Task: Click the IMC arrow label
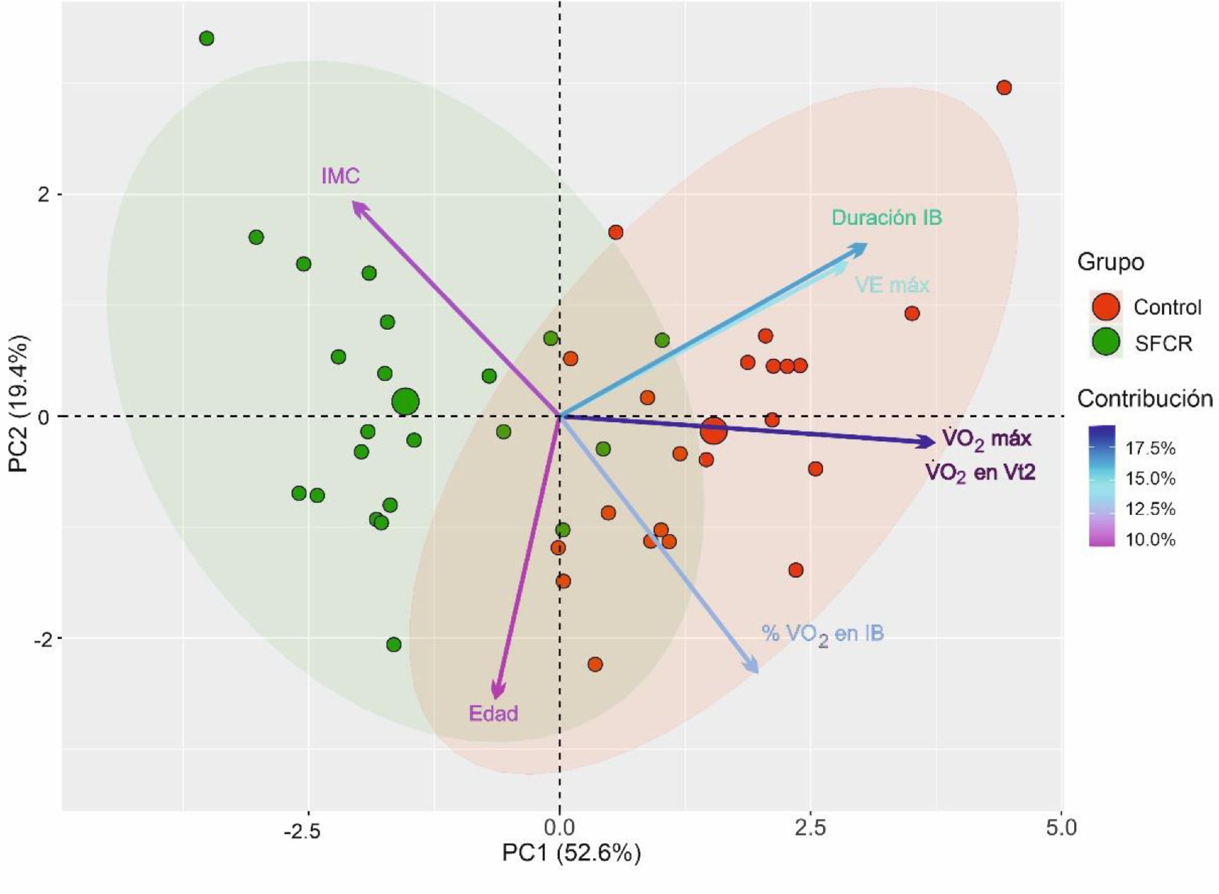[x=340, y=176]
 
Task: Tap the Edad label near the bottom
[x=493, y=713]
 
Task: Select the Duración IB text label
[x=886, y=217]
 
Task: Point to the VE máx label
[x=892, y=285]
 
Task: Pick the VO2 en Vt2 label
[x=980, y=473]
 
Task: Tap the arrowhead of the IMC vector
[x=355, y=205]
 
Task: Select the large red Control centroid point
[x=713, y=431]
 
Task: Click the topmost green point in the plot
[x=206, y=39]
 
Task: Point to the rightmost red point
[x=1003, y=88]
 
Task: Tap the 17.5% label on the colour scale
[x=1151, y=448]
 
